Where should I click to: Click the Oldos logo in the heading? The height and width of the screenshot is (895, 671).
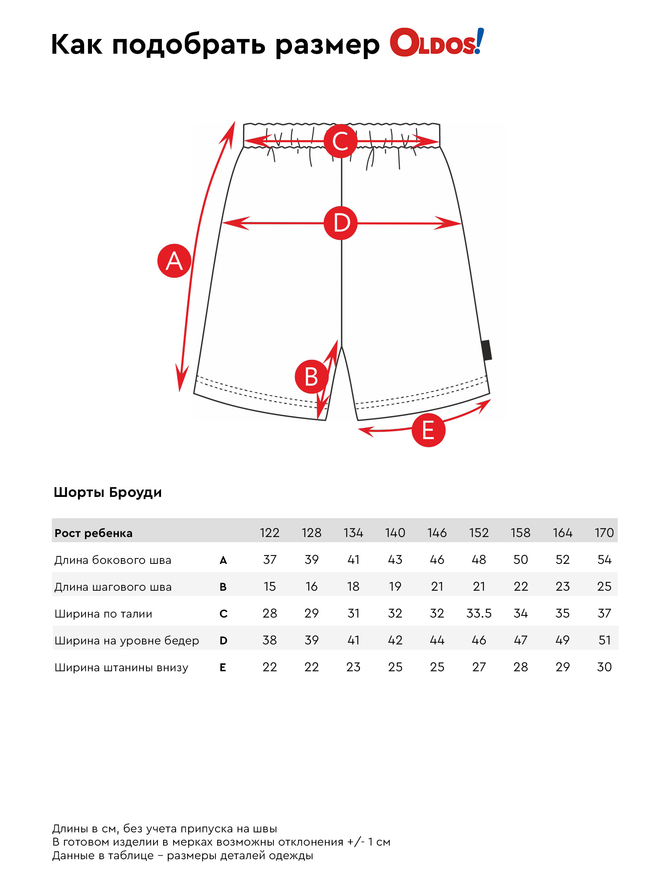[436, 43]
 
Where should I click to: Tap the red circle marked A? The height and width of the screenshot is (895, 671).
[174, 261]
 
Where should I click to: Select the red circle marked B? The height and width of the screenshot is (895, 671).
[311, 376]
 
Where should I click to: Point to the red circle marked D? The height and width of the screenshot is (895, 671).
[341, 223]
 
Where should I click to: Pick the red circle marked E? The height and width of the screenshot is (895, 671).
[428, 430]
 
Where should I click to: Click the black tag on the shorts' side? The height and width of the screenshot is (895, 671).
[487, 350]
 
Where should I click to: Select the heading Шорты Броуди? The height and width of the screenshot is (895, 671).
[108, 492]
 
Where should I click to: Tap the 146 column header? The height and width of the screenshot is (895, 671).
[437, 532]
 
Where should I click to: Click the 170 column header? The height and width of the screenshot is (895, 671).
[604, 532]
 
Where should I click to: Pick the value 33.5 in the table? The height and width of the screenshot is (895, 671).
[478, 613]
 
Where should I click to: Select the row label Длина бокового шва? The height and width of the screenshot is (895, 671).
[113, 560]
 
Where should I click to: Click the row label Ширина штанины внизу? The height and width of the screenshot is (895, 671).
[121, 667]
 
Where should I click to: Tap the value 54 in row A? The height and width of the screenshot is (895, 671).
[604, 560]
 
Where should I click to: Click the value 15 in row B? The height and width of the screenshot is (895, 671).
[269, 586]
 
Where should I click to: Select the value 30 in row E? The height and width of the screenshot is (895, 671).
[604, 667]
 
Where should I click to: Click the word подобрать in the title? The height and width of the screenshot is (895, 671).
[189, 44]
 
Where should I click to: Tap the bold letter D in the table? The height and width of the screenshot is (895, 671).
[223, 640]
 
